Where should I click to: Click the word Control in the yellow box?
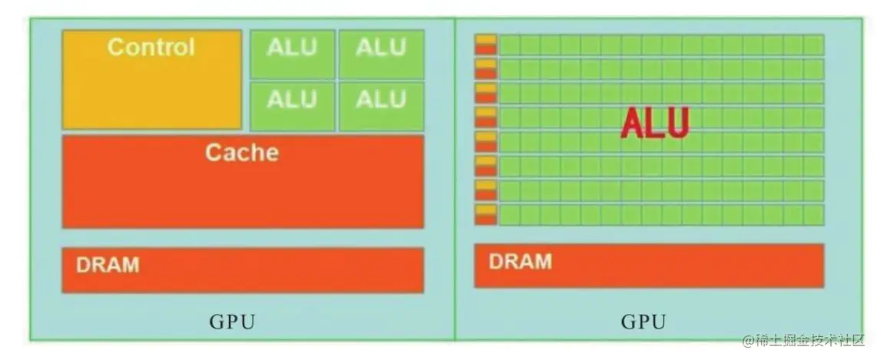tap(151, 48)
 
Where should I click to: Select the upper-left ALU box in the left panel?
tap(292, 48)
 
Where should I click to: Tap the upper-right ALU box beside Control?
tap(381, 48)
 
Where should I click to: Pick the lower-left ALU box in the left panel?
tap(292, 100)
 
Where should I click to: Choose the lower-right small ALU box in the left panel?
tap(381, 100)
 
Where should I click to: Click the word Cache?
tap(242, 152)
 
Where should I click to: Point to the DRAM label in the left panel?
tap(108, 266)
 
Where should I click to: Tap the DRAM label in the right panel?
tap(520, 261)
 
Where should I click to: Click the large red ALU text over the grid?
tap(655, 124)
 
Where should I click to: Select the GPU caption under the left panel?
tap(232, 322)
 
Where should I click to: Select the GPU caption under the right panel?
tap(644, 322)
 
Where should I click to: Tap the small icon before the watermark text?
tap(750, 340)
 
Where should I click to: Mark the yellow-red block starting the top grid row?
tap(485, 45)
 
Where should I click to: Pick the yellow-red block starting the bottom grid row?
tap(485, 214)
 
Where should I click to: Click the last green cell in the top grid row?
tap(813, 45)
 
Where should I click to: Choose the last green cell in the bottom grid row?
tap(813, 214)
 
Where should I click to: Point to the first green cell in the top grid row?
tap(509, 45)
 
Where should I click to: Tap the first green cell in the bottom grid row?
tap(509, 214)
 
